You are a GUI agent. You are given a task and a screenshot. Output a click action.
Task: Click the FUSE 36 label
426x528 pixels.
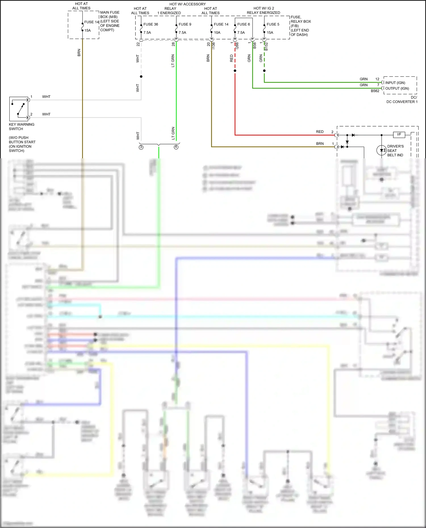click(x=151, y=24)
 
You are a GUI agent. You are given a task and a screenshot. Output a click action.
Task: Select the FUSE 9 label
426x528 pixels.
click(x=185, y=24)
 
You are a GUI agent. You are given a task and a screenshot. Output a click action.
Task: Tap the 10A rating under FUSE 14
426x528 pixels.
click(x=217, y=33)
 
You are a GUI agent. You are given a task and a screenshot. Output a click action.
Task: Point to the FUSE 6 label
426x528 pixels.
click(x=243, y=24)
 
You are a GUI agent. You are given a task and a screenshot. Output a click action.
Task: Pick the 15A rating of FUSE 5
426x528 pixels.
click(x=270, y=33)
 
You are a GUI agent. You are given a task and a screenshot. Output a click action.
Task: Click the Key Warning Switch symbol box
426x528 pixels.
click(x=19, y=109)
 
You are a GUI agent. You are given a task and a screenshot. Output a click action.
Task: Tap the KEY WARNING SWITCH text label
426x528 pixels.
click(x=22, y=127)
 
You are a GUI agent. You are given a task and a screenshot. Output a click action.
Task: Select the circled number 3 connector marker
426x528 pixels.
click(x=141, y=147)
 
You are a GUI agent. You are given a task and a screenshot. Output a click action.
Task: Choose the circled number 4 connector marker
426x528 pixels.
click(x=176, y=147)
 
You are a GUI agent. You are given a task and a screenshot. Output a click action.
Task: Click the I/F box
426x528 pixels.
click(x=399, y=134)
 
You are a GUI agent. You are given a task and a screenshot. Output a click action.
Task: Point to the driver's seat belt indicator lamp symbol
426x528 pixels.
click(x=381, y=150)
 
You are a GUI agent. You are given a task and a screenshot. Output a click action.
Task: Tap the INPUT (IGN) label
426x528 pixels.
click(x=395, y=83)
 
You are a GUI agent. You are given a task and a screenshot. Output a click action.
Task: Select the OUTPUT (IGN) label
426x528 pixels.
click(x=397, y=89)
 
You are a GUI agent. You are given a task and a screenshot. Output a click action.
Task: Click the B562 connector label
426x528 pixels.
click(x=375, y=91)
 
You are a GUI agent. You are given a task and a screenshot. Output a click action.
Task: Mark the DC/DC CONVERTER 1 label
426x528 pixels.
click(x=402, y=100)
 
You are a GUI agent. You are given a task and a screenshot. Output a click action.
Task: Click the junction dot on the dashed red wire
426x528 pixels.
click(x=235, y=71)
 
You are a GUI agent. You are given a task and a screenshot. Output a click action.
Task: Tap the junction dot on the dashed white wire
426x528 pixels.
click(x=141, y=77)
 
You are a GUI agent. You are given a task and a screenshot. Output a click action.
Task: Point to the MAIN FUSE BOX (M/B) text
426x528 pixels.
click(x=110, y=15)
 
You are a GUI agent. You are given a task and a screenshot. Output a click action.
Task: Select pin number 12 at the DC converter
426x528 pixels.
click(x=377, y=79)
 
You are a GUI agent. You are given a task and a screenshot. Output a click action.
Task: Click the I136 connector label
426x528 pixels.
click(x=213, y=45)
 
